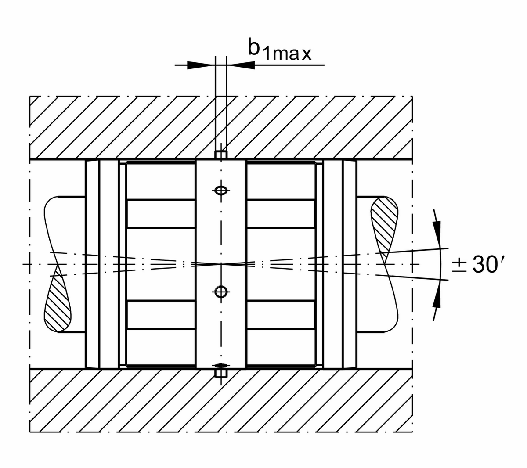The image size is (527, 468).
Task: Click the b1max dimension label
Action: pos(279,50)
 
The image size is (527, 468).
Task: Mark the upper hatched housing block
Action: pos(132,127)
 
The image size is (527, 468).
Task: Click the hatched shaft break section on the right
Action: pos(384,224)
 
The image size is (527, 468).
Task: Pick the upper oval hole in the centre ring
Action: pos(220,190)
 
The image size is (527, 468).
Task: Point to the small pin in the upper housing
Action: pos(220,155)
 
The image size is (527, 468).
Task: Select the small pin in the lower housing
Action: pos(220,374)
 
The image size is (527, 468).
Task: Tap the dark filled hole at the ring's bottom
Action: pos(220,365)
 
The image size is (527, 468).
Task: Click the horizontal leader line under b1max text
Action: pos(290,65)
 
